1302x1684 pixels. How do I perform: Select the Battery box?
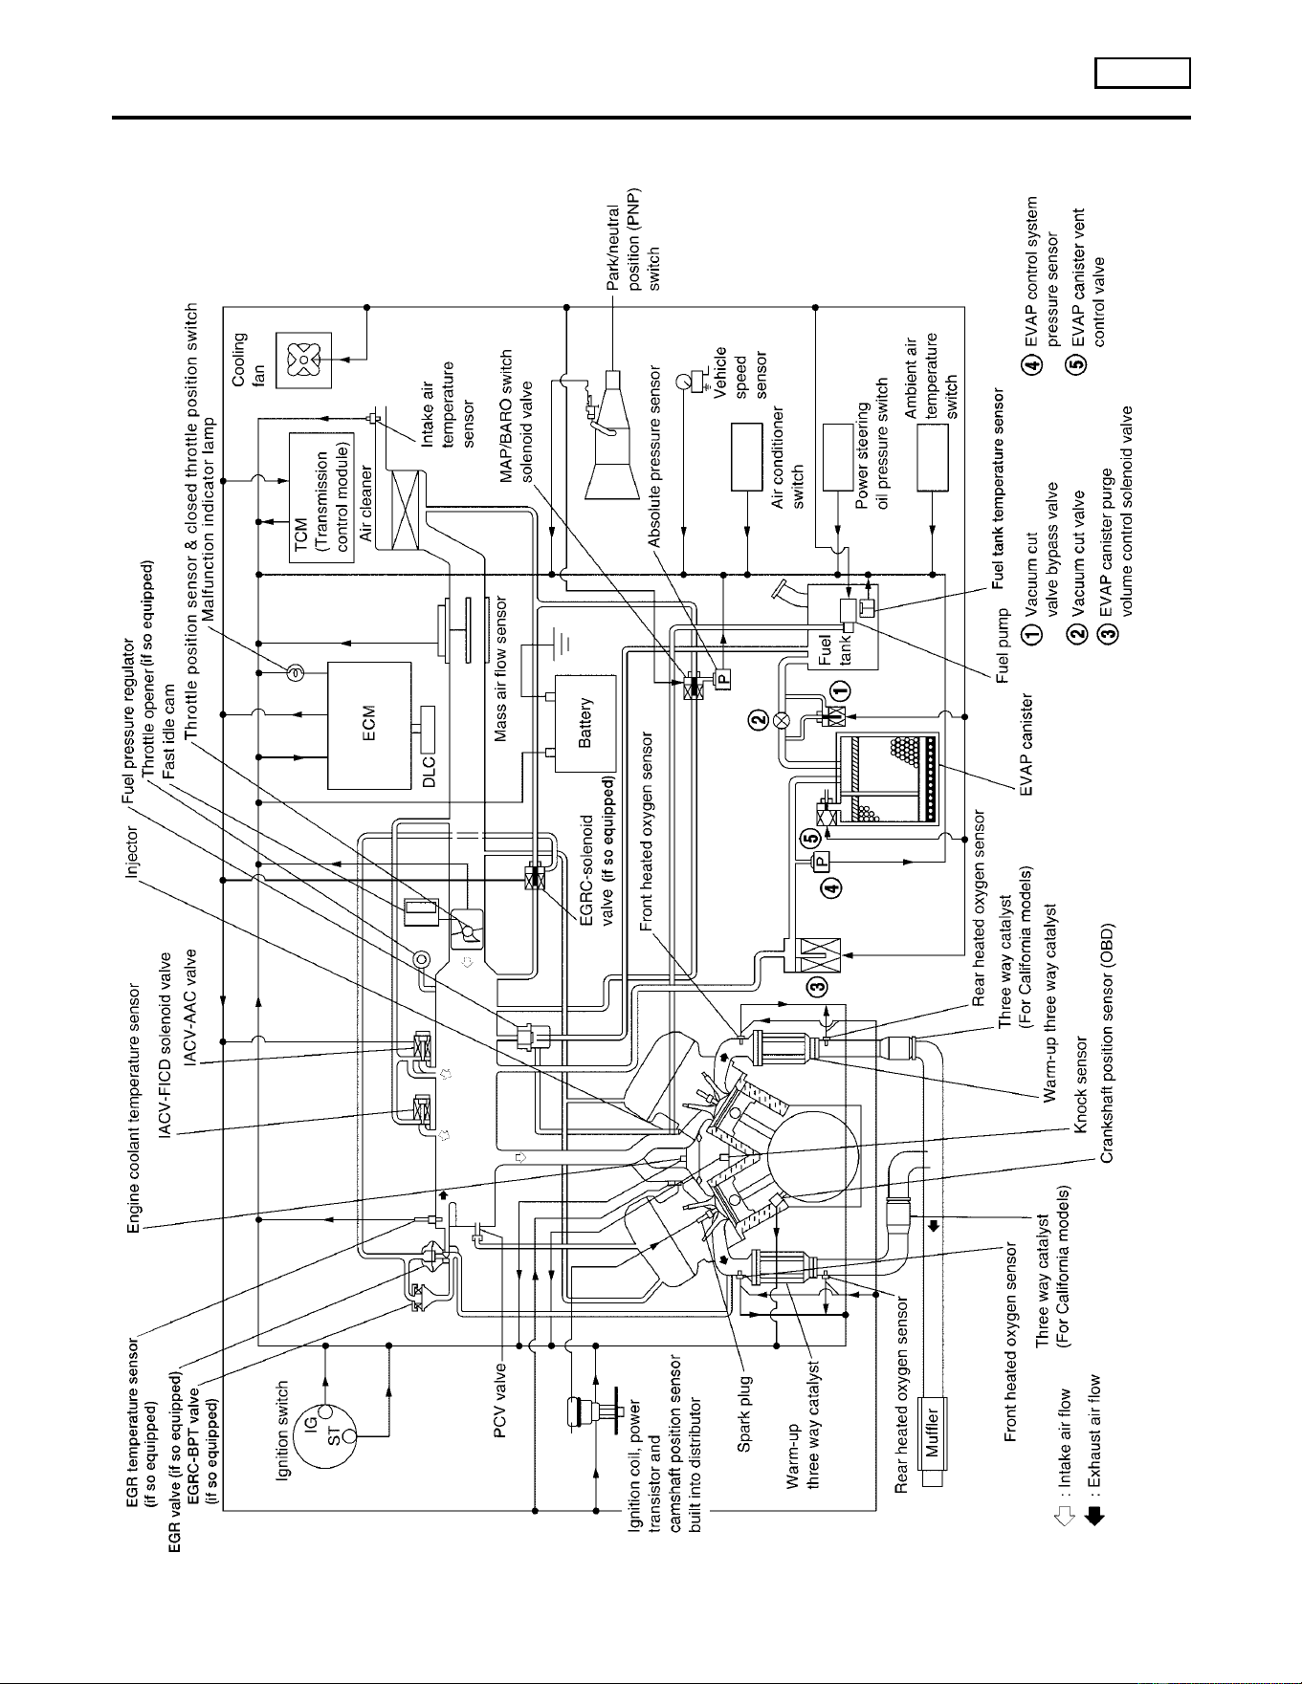(x=585, y=723)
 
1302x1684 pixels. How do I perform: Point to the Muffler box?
(x=932, y=1431)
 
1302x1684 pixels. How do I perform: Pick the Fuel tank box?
(x=842, y=626)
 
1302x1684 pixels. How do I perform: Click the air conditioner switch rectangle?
(x=746, y=456)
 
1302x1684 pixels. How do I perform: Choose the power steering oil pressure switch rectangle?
(x=838, y=456)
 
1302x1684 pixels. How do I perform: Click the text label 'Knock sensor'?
(x=1081, y=1084)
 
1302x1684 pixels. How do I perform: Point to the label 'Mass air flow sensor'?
(x=501, y=668)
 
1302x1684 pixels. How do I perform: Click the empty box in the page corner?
(x=1143, y=74)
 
